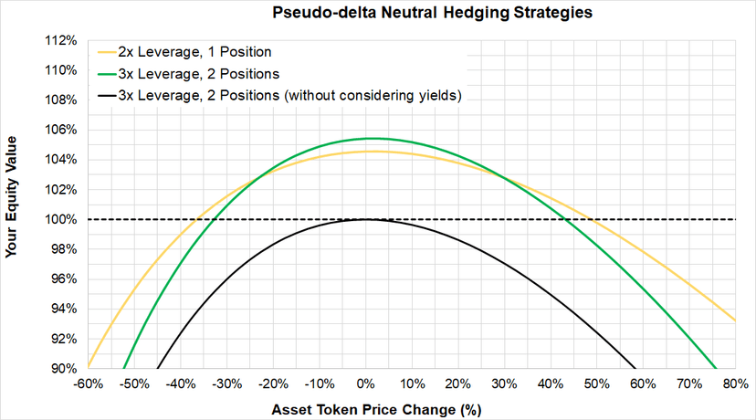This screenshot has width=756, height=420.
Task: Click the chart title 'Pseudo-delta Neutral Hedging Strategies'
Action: (x=432, y=13)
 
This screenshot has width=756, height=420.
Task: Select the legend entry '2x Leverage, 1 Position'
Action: (x=184, y=52)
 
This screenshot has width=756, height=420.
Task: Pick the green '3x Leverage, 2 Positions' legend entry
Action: (x=188, y=74)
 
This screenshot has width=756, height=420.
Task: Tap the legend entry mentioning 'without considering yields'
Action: (x=279, y=96)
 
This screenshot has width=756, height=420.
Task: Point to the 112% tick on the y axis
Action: (x=61, y=40)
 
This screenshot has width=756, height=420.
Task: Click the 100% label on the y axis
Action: (x=61, y=219)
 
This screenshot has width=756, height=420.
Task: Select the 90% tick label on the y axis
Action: (x=64, y=368)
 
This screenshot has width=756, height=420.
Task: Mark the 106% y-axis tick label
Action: (x=61, y=130)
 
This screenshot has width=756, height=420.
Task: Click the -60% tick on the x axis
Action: (x=89, y=384)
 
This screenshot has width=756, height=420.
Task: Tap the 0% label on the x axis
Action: (x=366, y=384)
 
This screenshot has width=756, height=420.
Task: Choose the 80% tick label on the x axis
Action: (x=736, y=384)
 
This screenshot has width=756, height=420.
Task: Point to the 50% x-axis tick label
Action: (x=597, y=384)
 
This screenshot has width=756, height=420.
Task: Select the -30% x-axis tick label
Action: (x=227, y=384)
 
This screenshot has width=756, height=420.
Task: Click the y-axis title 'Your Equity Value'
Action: (x=11, y=196)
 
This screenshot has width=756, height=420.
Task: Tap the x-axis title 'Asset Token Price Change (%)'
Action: (x=376, y=410)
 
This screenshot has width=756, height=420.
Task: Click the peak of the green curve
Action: (x=371, y=139)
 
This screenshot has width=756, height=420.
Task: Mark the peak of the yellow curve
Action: (x=373, y=152)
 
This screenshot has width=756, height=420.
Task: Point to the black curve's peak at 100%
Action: (x=366, y=219)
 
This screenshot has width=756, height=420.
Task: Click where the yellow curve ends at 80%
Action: (x=735, y=320)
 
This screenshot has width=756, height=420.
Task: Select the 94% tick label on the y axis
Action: (x=64, y=309)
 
